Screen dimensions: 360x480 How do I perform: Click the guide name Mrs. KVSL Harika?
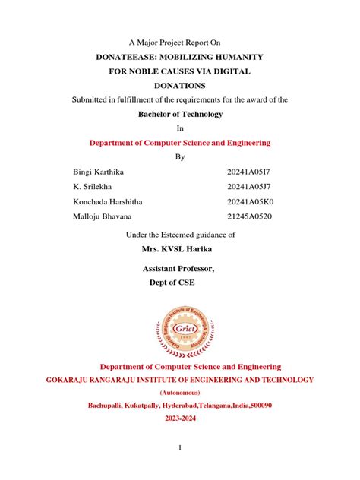[x=180, y=248]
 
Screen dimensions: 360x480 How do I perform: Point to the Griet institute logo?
[x=180, y=327]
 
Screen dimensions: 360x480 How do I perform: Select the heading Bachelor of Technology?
[x=180, y=114]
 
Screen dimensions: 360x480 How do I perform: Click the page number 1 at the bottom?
[x=180, y=448]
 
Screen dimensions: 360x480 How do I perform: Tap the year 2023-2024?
[x=180, y=418]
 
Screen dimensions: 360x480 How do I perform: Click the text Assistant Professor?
[x=179, y=269]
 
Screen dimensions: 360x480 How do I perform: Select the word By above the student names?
[x=180, y=156]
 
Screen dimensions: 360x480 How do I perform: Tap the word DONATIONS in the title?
[x=180, y=86]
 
